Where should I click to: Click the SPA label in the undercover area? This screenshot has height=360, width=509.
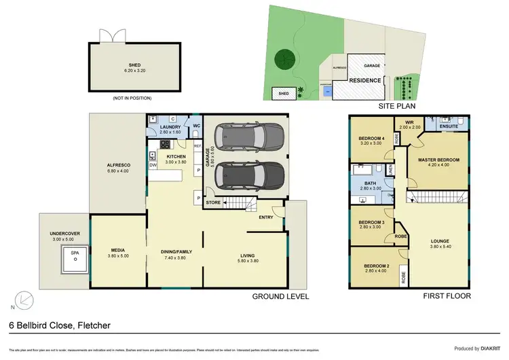tap(75, 253)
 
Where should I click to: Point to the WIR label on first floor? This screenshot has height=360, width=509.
tap(409, 123)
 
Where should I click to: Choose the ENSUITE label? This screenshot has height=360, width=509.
tap(447, 126)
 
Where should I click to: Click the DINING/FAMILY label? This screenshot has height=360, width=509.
tap(176, 252)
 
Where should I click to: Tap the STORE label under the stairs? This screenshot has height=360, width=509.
tap(214, 202)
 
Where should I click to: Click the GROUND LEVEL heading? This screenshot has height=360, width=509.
tap(280, 296)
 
